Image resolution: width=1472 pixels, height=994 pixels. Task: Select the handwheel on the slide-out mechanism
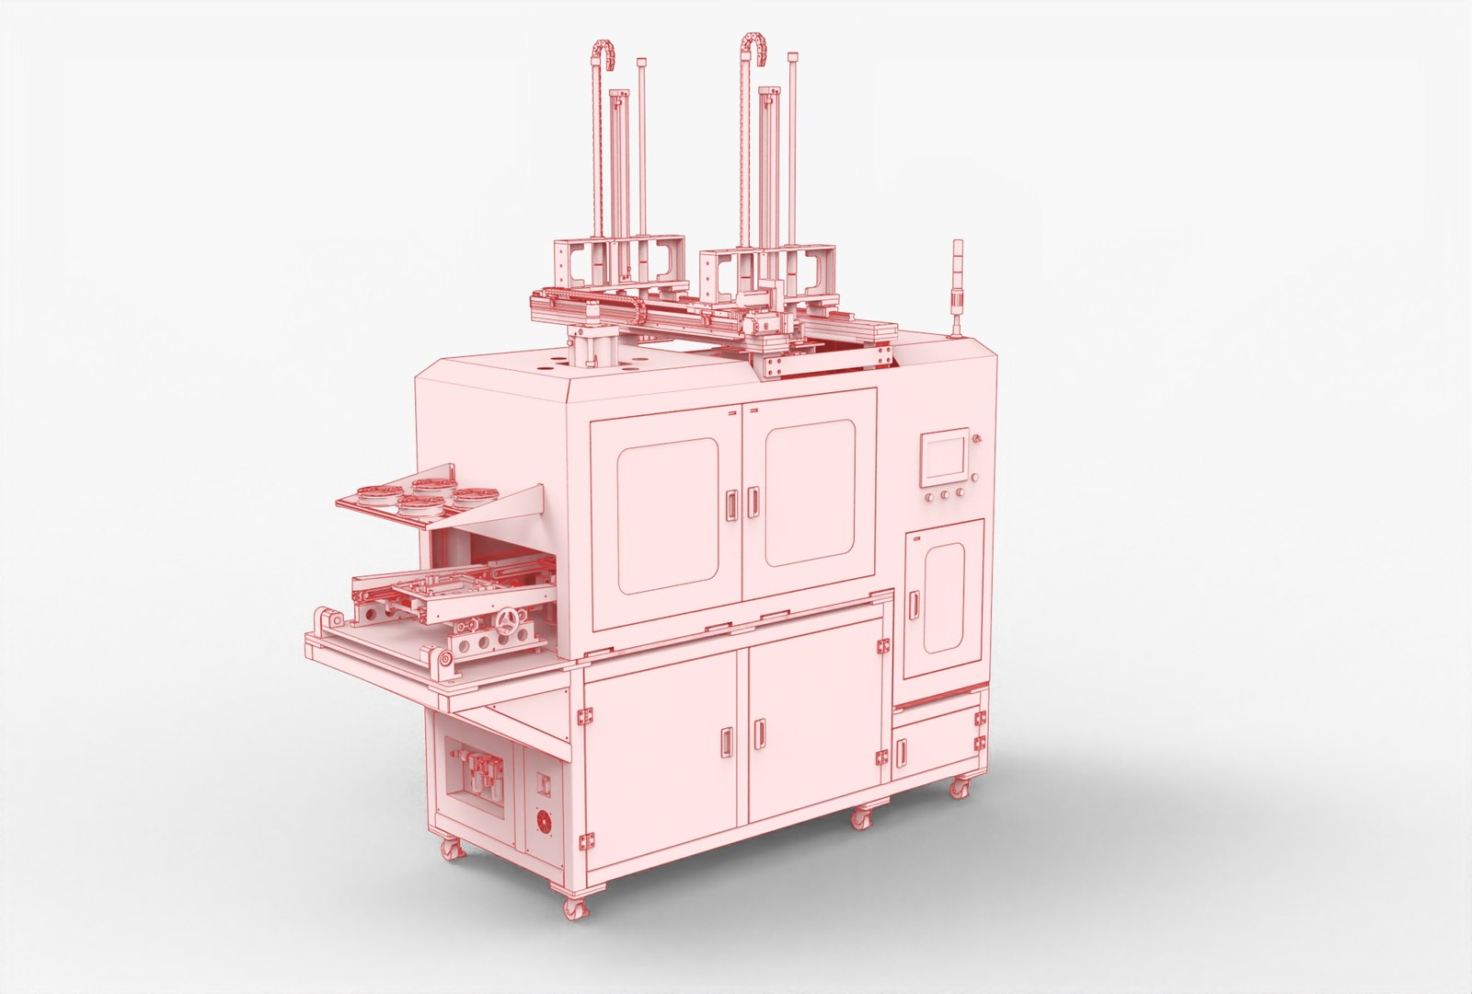503,623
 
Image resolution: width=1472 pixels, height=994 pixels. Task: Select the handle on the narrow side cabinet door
914,603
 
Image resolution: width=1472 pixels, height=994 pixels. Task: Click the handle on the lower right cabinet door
760,733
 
